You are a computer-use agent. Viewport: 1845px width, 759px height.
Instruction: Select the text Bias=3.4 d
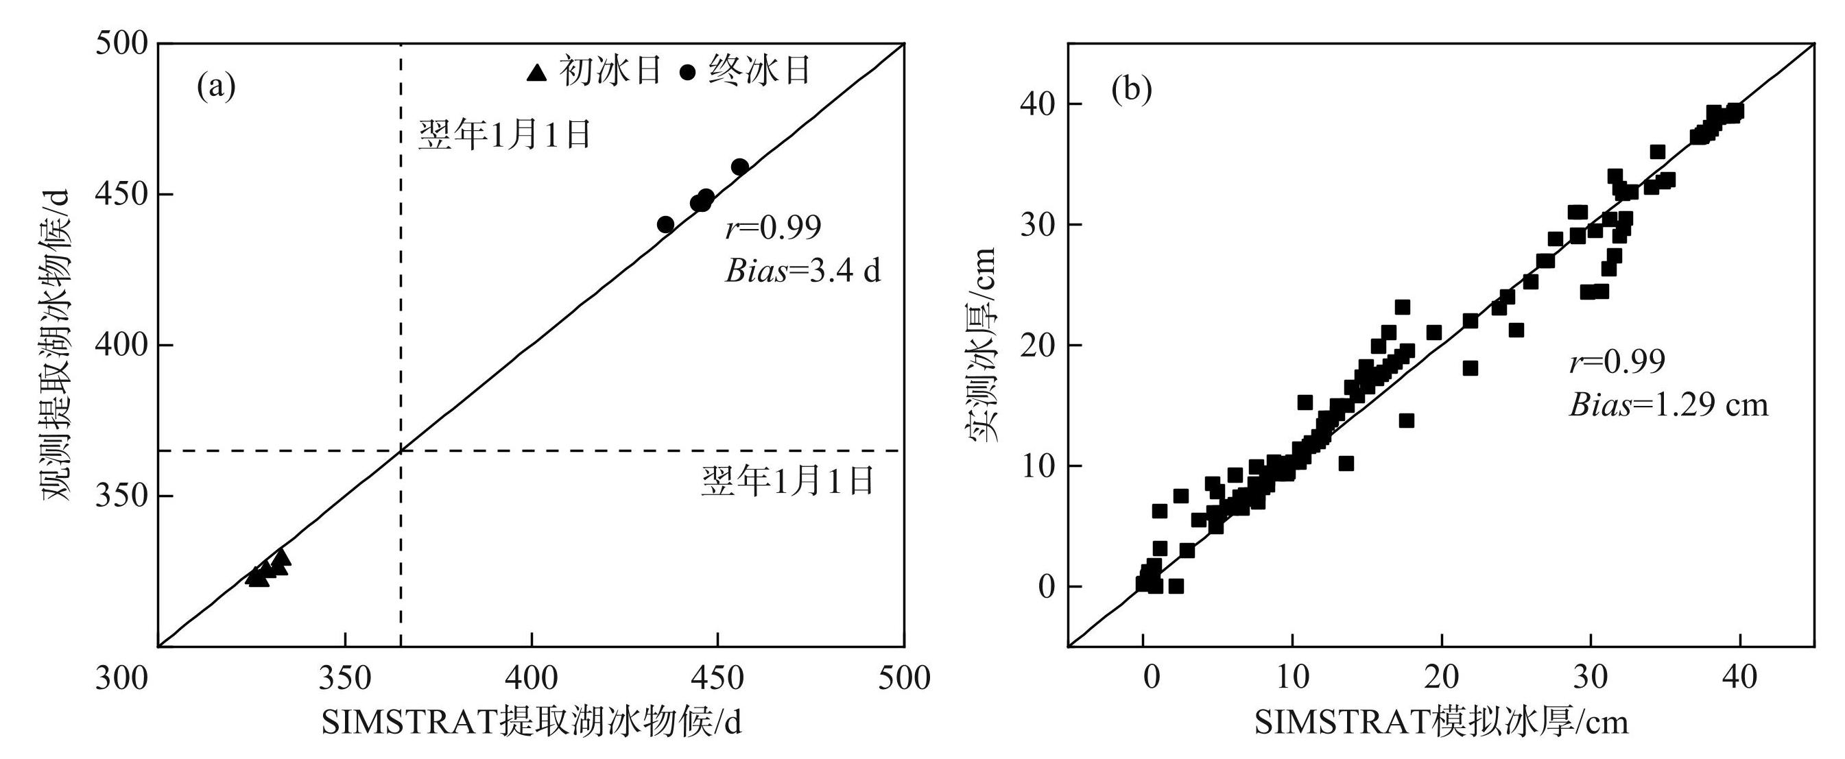(803, 272)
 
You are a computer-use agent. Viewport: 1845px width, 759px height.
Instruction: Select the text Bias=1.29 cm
(1668, 405)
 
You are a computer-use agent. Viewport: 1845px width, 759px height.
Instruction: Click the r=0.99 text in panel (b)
(1617, 361)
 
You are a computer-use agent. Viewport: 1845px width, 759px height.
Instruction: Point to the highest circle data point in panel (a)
(740, 167)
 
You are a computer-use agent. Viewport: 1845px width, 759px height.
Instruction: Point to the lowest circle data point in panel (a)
(665, 225)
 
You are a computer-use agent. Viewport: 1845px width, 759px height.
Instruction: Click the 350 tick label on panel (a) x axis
(345, 677)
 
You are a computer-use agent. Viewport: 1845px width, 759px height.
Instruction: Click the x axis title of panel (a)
(532, 723)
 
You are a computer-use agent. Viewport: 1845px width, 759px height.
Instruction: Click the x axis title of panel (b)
(1441, 723)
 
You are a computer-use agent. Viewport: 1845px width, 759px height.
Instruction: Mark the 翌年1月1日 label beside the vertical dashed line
(505, 134)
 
